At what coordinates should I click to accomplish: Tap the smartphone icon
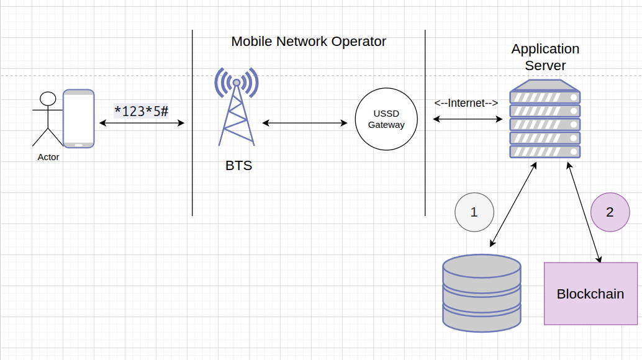(x=79, y=119)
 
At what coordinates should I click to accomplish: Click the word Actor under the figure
(x=48, y=157)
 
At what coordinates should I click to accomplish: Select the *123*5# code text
(x=142, y=111)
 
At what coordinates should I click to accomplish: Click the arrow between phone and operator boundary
(x=142, y=124)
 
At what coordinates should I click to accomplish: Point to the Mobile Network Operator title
(x=309, y=42)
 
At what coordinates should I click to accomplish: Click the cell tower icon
(x=237, y=106)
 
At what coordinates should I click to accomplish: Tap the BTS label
(x=238, y=166)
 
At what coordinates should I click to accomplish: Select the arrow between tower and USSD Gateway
(x=305, y=123)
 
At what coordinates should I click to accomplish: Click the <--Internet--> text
(x=466, y=103)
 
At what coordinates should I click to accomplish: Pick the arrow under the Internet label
(x=467, y=119)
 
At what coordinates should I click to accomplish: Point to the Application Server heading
(x=545, y=56)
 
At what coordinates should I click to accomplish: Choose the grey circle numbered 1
(x=474, y=212)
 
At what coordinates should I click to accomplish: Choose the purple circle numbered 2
(x=610, y=212)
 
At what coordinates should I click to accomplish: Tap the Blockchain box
(x=590, y=294)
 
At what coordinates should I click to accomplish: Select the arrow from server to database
(x=513, y=204)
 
